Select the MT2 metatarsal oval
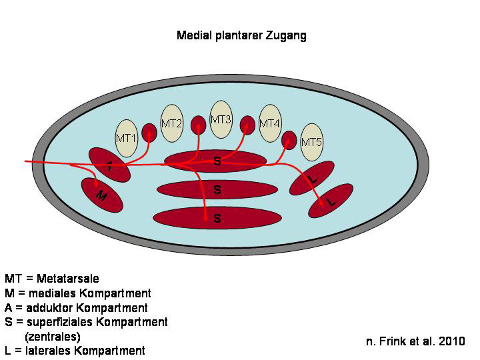tap(172, 125)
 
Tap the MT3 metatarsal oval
tap(221, 120)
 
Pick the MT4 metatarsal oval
tap(269, 124)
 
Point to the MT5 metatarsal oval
tap(311, 143)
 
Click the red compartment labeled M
tap(102, 195)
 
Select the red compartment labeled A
tap(110, 165)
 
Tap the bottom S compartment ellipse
tap(217, 218)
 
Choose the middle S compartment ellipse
tap(217, 189)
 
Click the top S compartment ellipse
tap(217, 161)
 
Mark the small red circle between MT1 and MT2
tap(149, 132)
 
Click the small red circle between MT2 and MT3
tap(198, 125)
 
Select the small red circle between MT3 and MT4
tap(247, 125)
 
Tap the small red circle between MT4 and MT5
tap(289, 140)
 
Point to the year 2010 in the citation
tap(453, 341)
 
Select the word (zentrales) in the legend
tap(52, 337)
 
